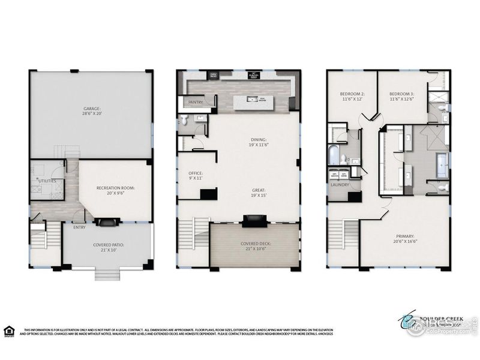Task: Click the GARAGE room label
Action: point(91,109)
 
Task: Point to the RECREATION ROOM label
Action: point(116,188)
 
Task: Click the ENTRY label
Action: point(79,227)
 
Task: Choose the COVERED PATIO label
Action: point(109,245)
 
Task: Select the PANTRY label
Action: point(196,103)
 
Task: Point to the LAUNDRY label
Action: point(340,185)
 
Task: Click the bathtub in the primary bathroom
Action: point(442,164)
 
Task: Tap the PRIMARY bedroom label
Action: point(405,236)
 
